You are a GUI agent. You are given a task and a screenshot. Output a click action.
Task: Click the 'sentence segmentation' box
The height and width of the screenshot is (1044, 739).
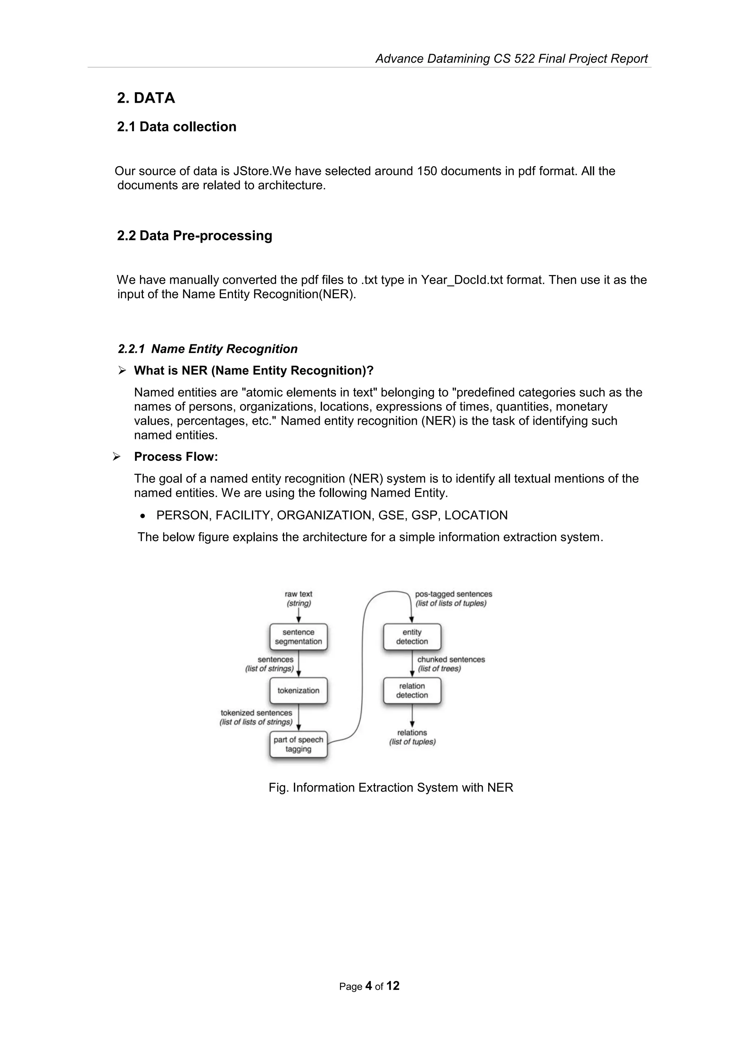pyautogui.click(x=298, y=637)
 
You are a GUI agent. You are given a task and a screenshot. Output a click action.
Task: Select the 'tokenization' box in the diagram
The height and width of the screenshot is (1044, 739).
pyautogui.click(x=298, y=690)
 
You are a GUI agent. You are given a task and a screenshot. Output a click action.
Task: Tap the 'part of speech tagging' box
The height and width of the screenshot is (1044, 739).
pyautogui.click(x=298, y=744)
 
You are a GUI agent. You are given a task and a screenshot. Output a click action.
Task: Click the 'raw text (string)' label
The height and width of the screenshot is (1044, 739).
pyautogui.click(x=298, y=598)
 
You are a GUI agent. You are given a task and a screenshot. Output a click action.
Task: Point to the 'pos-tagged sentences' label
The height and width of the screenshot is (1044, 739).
pyautogui.click(x=453, y=594)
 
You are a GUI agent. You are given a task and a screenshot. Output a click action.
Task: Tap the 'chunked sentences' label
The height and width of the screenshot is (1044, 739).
pyautogui.click(x=451, y=659)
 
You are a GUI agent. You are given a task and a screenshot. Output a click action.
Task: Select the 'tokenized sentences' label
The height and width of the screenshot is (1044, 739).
pyautogui.click(x=256, y=713)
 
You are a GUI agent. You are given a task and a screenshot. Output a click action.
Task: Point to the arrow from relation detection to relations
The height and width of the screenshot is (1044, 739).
pyautogui.click(x=412, y=716)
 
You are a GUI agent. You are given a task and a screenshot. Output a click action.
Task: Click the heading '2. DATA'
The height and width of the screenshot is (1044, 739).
pyautogui.click(x=146, y=98)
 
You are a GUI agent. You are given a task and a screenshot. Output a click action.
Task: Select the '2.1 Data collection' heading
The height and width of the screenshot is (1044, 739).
pyautogui.click(x=176, y=127)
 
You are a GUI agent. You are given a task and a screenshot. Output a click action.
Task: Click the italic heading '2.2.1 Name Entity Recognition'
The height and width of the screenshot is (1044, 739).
pyautogui.click(x=207, y=349)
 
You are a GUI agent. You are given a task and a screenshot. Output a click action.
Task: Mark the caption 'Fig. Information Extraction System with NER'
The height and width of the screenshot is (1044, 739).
pyautogui.click(x=390, y=788)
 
